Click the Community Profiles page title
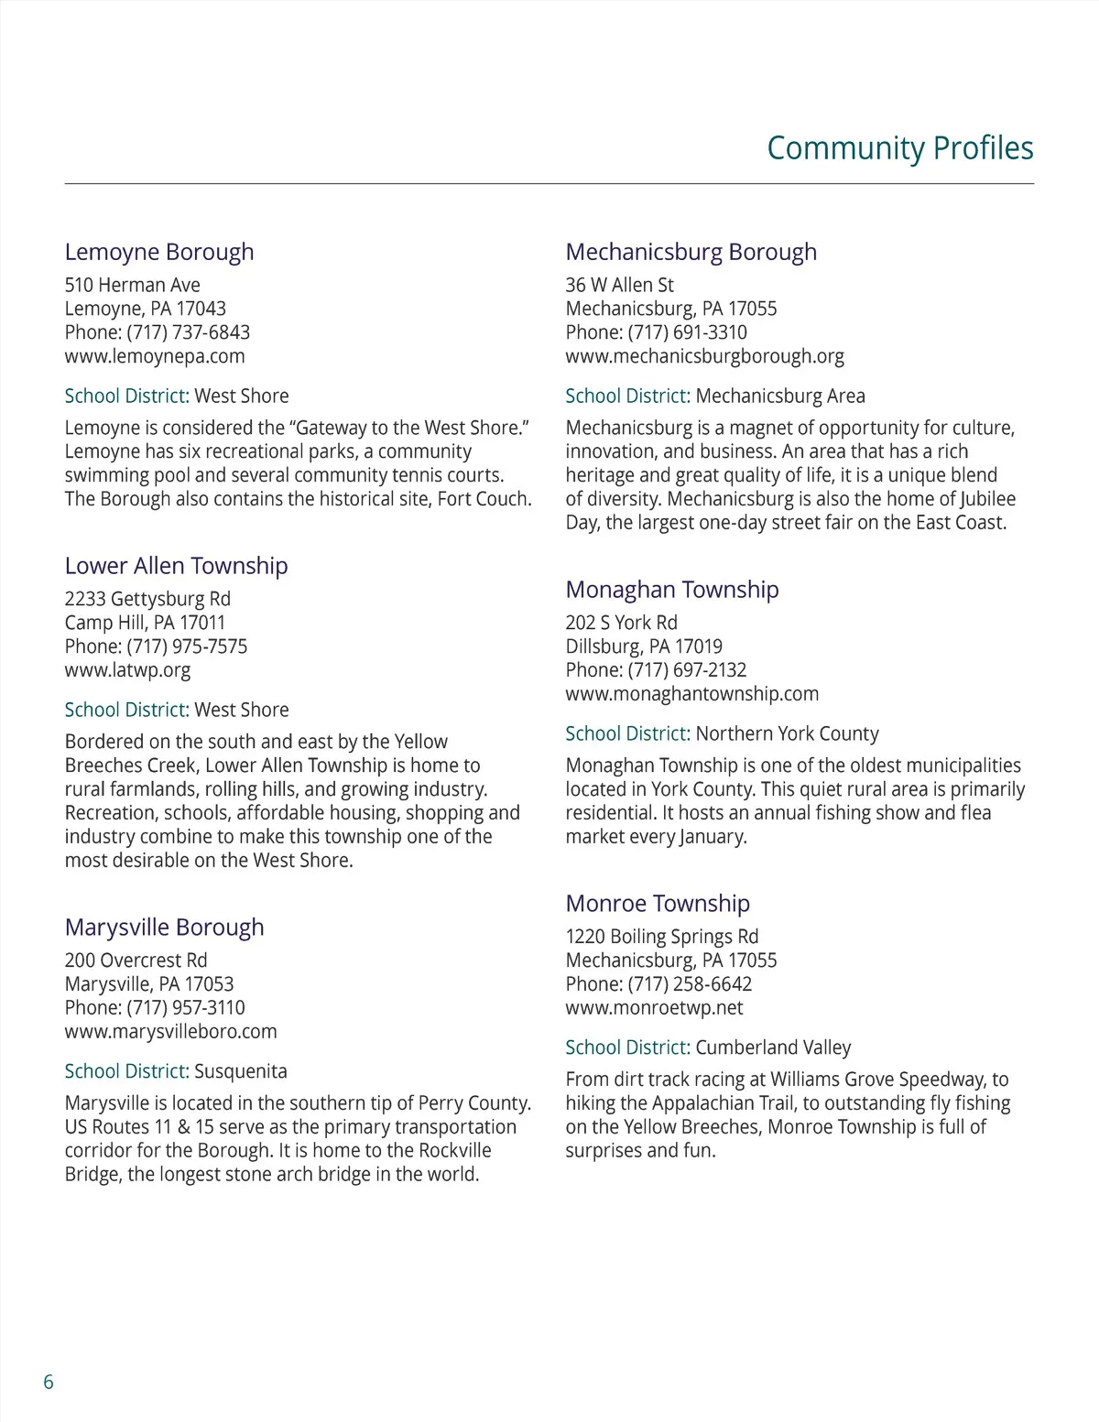click(899, 148)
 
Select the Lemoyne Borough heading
click(159, 252)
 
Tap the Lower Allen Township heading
click(176, 566)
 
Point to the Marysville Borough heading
click(164, 928)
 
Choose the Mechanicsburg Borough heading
click(691, 252)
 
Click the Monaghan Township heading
click(671, 590)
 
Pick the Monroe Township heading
click(658, 904)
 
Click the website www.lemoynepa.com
click(155, 356)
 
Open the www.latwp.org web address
click(127, 670)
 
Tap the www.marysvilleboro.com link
click(170, 1032)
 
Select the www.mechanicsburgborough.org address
click(704, 356)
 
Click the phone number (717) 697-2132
click(687, 670)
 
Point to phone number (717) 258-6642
click(690, 984)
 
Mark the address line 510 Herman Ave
click(132, 285)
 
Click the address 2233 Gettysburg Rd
click(147, 599)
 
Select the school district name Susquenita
click(241, 1071)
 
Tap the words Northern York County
click(787, 733)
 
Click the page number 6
click(49, 1382)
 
